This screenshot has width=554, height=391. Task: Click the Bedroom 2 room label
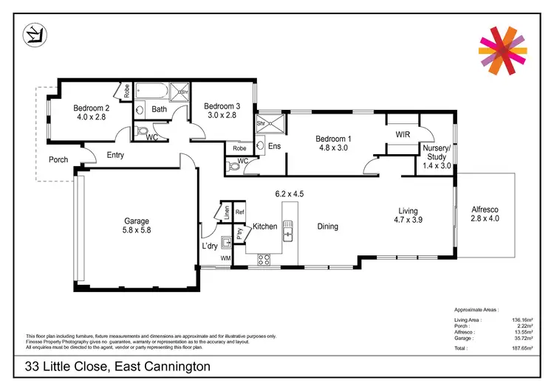click(x=91, y=108)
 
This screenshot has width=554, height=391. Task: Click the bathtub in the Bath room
click(x=152, y=92)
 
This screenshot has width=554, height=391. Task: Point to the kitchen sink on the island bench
click(x=291, y=235)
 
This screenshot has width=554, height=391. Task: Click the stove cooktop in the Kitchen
click(x=263, y=258)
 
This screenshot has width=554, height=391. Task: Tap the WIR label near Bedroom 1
click(x=403, y=135)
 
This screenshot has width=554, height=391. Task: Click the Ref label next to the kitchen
click(x=239, y=212)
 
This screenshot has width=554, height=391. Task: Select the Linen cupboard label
click(x=227, y=212)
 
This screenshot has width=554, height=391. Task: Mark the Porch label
click(x=58, y=159)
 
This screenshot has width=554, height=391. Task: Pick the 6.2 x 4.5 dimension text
click(x=289, y=194)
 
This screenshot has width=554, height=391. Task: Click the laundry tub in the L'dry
click(x=226, y=241)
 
